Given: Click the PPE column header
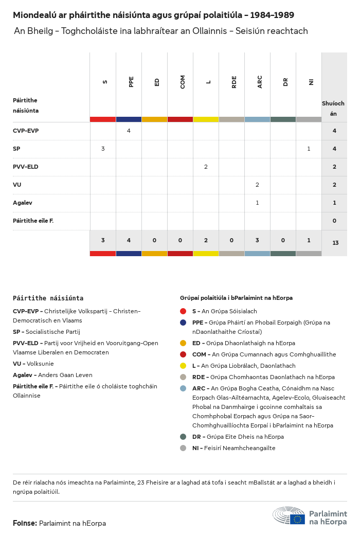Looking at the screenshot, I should click(131, 82).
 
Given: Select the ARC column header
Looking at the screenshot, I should click(260, 82).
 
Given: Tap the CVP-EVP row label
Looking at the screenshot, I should click(26, 131).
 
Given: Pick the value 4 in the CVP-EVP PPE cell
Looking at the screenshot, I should click(129, 131).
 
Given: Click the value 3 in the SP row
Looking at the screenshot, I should click(103, 149).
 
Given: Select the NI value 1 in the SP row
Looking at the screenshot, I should click(309, 149).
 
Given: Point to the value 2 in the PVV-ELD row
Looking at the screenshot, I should click(206, 167).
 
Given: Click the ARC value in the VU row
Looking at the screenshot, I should click(257, 185).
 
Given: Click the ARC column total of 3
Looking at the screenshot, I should click(257, 240).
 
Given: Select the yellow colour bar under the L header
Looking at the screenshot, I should click(206, 119).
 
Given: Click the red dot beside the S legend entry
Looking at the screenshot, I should click(183, 311).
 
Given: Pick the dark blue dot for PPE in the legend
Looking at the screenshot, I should click(183, 323).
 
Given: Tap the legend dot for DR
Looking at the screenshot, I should click(183, 437).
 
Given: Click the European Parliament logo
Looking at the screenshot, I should click(310, 516).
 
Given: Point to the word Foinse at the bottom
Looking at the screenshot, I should click(25, 523).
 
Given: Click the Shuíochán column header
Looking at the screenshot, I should click(333, 108).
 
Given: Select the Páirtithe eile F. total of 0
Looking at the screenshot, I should click(334, 221).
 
